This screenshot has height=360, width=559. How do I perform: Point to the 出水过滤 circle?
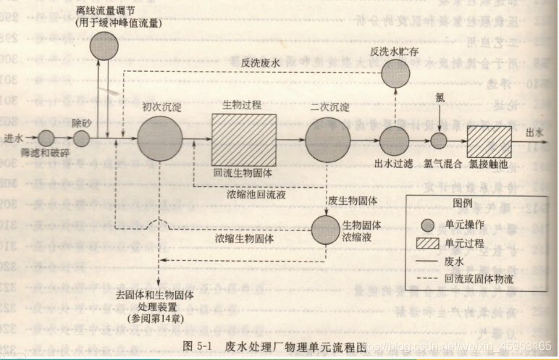click(x=395, y=140)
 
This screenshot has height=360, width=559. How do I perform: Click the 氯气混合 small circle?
click(x=439, y=141)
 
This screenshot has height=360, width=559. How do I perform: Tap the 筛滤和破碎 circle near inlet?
click(x=46, y=138)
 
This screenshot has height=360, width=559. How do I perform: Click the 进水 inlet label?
click(x=14, y=138)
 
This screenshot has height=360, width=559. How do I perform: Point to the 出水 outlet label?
click(x=534, y=132)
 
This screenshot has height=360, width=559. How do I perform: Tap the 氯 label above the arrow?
click(x=439, y=98)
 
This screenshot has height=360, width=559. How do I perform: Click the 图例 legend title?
click(x=463, y=202)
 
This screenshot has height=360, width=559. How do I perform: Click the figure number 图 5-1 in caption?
click(x=192, y=346)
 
